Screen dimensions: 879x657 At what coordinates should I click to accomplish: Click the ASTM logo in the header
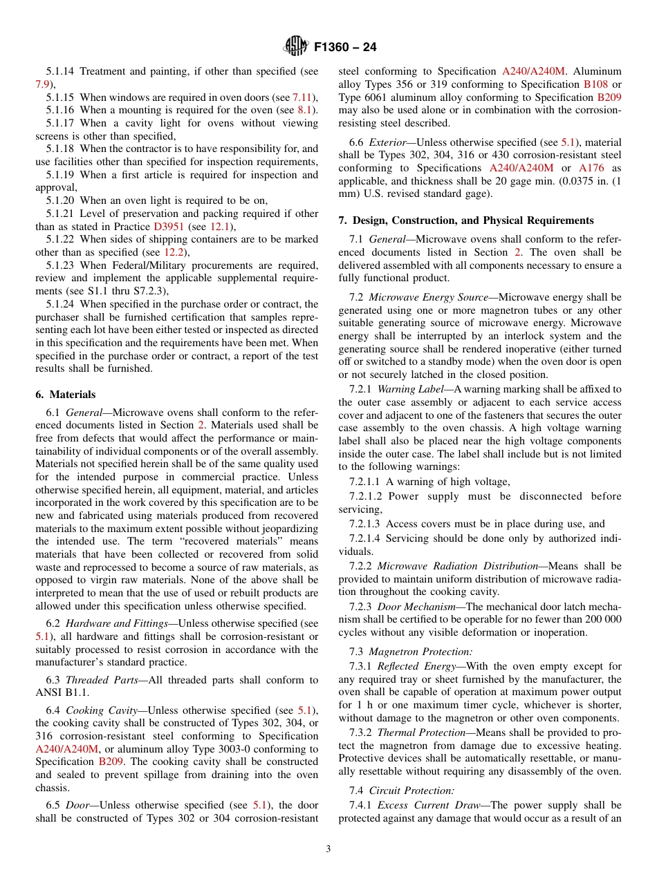coord(295,48)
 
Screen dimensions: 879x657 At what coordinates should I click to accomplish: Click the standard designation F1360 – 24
coord(346,48)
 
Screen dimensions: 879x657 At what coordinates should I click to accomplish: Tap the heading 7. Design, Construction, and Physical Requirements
coord(465,220)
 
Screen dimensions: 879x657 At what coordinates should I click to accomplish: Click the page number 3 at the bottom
coord(328,849)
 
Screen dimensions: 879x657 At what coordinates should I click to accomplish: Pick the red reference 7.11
coord(302,97)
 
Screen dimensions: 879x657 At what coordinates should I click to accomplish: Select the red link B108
coord(595,84)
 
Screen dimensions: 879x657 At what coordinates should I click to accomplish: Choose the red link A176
coord(590,168)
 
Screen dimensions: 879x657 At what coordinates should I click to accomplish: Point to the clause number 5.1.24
coord(60,304)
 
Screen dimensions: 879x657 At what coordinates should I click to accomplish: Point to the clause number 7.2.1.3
coord(367,524)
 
